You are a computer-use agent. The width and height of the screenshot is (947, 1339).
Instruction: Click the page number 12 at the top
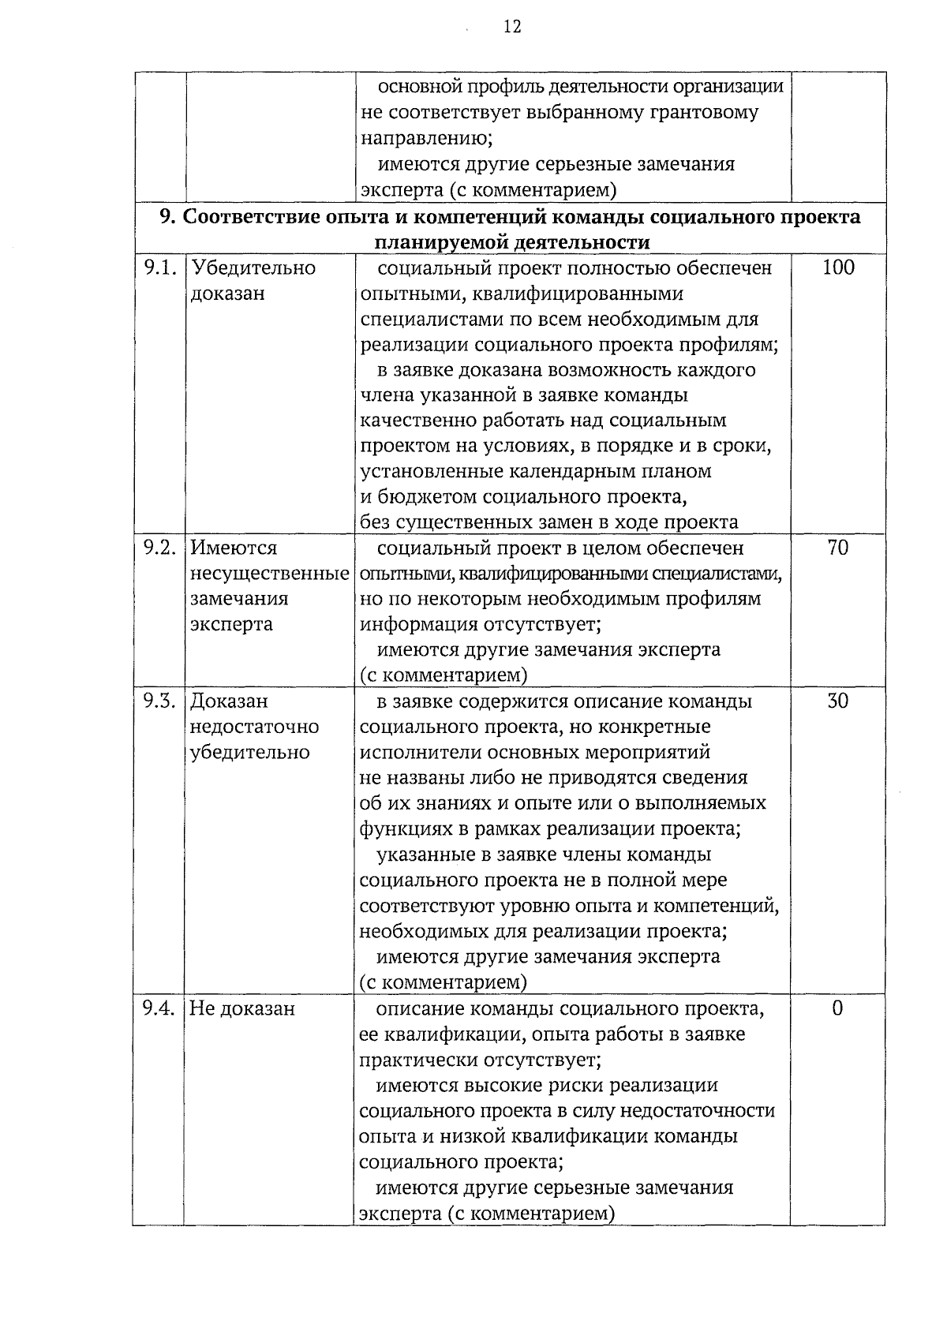pyautogui.click(x=511, y=28)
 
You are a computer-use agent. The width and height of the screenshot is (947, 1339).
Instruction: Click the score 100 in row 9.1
pyautogui.click(x=837, y=268)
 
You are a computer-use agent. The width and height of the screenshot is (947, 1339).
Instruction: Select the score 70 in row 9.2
pyautogui.click(x=837, y=548)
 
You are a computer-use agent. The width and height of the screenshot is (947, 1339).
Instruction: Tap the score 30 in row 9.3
pyautogui.click(x=837, y=701)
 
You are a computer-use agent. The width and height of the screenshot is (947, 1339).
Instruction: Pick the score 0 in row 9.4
pyautogui.click(x=837, y=1008)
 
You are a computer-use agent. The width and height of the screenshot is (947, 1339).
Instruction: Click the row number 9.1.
pyautogui.click(x=159, y=268)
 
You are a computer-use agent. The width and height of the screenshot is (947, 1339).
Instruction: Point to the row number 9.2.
pyautogui.click(x=159, y=548)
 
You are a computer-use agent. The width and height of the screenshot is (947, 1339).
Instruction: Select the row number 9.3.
pyautogui.click(x=159, y=701)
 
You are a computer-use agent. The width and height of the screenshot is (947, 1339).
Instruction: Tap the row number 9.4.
pyautogui.click(x=159, y=1008)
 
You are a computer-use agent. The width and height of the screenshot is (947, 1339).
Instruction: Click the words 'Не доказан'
pyautogui.click(x=242, y=1008)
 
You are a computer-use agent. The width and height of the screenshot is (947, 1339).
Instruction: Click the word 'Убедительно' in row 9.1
pyautogui.click(x=253, y=268)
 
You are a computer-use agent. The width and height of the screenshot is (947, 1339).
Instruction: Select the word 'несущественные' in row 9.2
pyautogui.click(x=270, y=574)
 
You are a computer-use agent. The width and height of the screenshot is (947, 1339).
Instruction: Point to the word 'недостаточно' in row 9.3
pyautogui.click(x=254, y=727)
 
